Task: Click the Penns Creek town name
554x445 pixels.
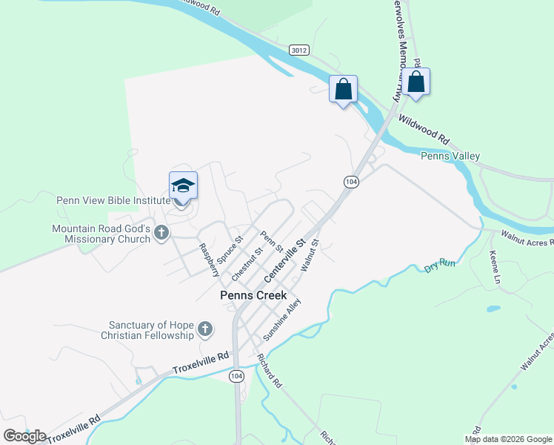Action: click(253, 295)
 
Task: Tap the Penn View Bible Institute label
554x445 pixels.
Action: click(113, 200)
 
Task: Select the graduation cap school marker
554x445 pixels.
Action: click(183, 186)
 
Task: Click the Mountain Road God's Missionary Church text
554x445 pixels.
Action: click(101, 234)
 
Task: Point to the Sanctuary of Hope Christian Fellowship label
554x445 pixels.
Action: click(150, 330)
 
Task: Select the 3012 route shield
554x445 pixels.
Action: click(299, 50)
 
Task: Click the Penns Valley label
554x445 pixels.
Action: click(450, 156)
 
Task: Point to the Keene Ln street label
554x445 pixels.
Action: click(495, 268)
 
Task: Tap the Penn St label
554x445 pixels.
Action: click(271, 241)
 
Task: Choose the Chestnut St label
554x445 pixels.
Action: click(247, 264)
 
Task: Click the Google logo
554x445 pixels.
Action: click(24, 435)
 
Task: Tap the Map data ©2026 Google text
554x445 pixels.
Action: click(508, 439)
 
